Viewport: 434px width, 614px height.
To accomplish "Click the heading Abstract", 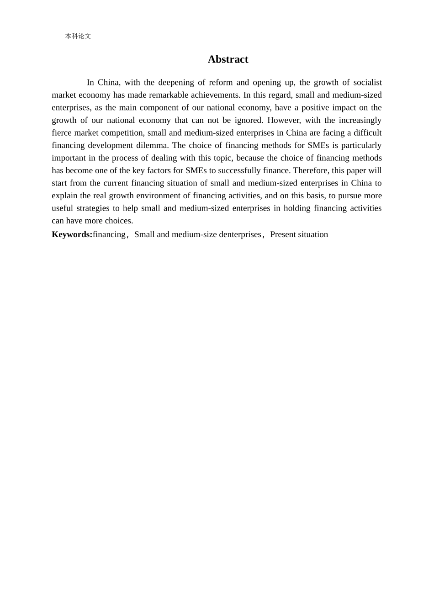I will [x=228, y=59].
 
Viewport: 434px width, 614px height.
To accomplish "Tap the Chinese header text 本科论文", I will [x=78, y=36].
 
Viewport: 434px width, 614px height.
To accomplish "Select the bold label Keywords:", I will [x=72, y=234].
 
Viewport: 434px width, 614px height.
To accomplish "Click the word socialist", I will [x=367, y=83].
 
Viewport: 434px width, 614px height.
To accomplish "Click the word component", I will [x=159, y=108].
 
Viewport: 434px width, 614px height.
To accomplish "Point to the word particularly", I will [x=361, y=145].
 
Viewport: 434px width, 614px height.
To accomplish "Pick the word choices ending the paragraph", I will [x=118, y=221].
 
